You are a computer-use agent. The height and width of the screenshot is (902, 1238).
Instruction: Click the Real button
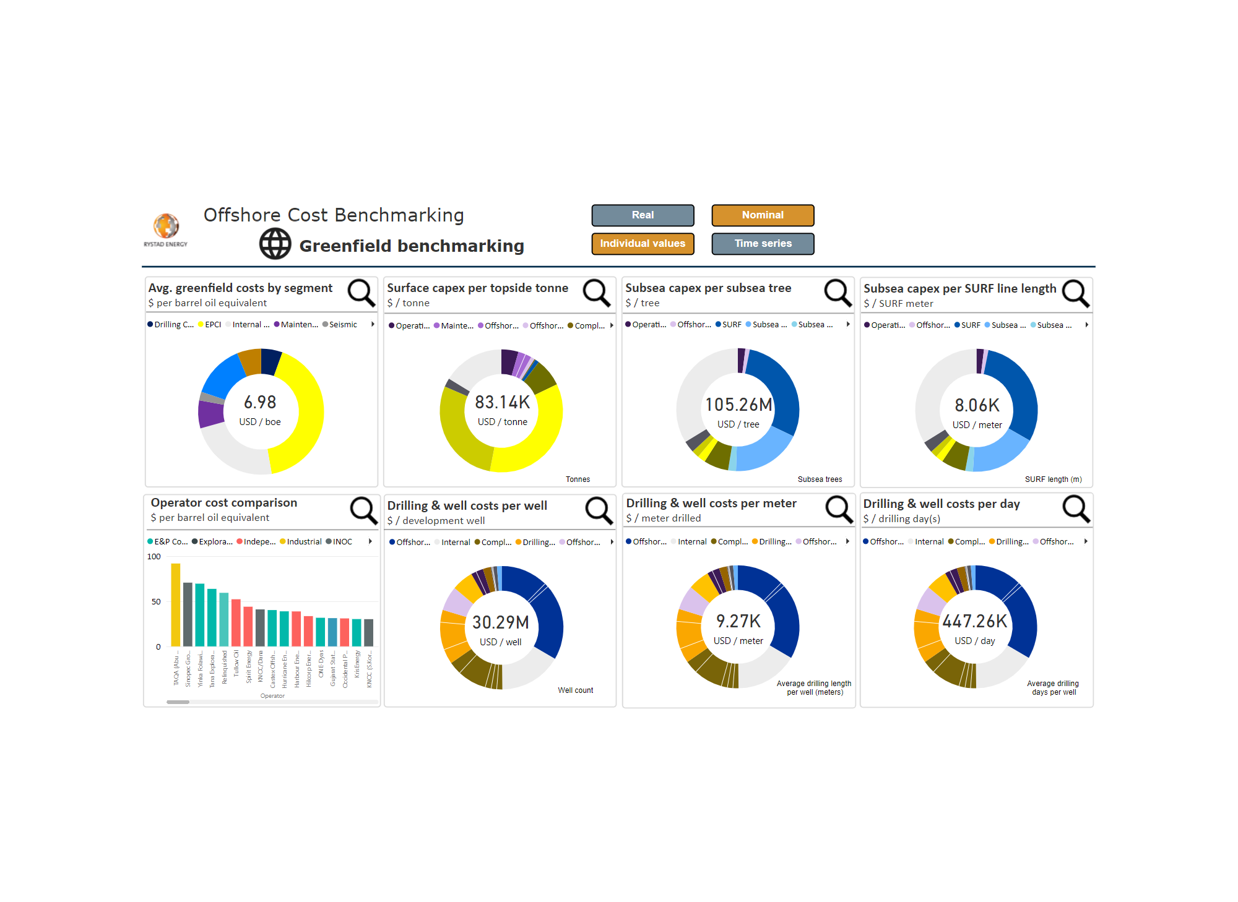(x=643, y=215)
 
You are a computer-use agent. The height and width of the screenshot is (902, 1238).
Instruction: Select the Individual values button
(x=643, y=244)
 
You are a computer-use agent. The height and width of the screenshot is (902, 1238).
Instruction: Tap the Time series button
(x=763, y=244)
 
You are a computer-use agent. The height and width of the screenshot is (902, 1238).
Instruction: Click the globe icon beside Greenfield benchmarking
(x=275, y=244)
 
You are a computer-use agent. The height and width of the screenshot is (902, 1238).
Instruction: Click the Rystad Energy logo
(x=166, y=230)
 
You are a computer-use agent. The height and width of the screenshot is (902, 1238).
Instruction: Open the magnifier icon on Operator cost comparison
(x=363, y=510)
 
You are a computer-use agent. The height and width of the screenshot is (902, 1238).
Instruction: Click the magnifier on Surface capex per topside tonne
(x=597, y=292)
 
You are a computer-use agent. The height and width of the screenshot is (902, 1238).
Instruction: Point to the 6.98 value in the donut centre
(x=260, y=403)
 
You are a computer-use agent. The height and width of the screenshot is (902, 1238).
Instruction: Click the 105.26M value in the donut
(x=738, y=405)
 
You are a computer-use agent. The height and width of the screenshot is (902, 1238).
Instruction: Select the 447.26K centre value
(x=975, y=621)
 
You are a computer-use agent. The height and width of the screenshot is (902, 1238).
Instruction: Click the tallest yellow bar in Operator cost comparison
(x=176, y=604)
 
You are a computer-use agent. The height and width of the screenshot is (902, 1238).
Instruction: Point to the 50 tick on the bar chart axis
(x=156, y=601)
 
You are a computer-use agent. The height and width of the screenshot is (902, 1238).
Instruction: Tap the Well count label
(x=575, y=690)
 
